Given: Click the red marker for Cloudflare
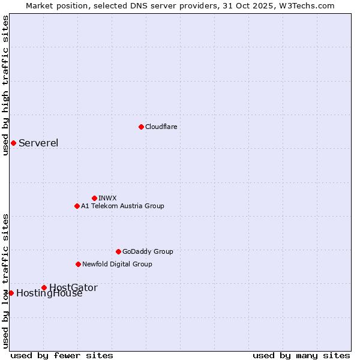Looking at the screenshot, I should pos(141,127).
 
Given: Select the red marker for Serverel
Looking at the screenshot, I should pos(13,143).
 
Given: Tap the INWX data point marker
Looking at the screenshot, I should pos(94,198).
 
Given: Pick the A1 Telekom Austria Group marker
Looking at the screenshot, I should pos(77,206).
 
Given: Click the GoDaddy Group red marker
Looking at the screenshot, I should pos(118,251).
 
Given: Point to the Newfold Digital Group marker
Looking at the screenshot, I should pos(78,264).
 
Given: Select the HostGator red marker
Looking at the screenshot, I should pos(44,287).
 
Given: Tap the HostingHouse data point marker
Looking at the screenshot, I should pos(11,293).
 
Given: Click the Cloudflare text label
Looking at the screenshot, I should pos(161,127).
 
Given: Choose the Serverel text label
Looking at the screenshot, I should pos(38,143).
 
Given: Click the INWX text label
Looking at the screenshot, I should pos(107,198).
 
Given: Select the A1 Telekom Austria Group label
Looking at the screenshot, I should pos(122,206).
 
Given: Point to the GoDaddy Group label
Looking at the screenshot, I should pos(148,251).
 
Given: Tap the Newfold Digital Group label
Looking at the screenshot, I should pos(117,264).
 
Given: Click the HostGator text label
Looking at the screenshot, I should pos(73,287).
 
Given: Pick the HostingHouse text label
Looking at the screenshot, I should pos(49,293).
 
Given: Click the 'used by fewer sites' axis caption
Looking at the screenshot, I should pos(62,355).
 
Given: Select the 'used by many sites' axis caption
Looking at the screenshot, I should pos(301,355).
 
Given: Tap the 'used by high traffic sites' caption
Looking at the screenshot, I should pos(5,85).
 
